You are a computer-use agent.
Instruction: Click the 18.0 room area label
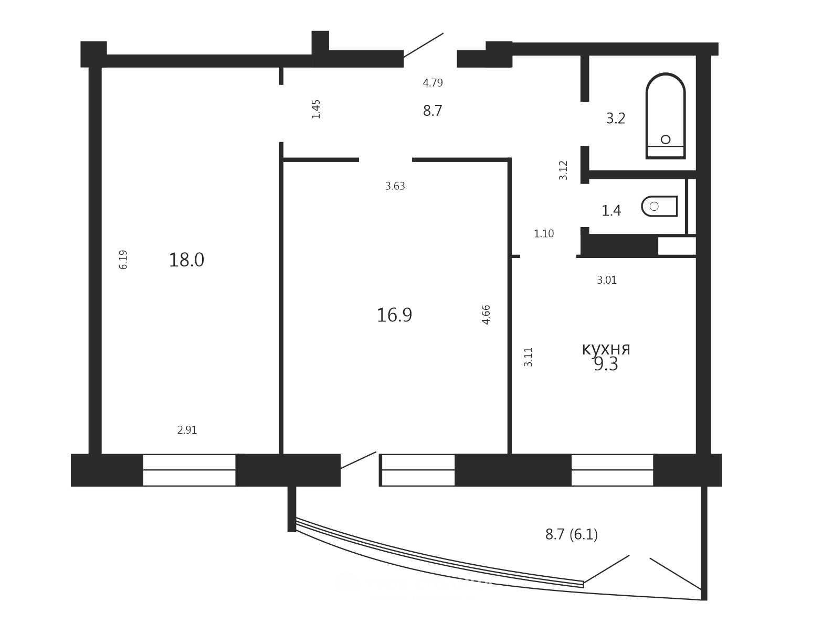[186, 260]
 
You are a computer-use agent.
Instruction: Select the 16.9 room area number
[394, 315]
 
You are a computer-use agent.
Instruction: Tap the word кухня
[606, 349]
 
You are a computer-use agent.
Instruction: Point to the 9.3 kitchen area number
[606, 364]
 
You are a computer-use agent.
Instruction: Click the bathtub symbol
[666, 116]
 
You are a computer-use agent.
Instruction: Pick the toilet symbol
[660, 206]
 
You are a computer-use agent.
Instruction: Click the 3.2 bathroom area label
[616, 119]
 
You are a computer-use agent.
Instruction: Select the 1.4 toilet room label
[611, 210]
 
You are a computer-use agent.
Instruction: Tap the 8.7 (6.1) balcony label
[572, 534]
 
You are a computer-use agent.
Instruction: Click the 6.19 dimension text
[123, 260]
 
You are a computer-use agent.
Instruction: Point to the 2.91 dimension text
[187, 430]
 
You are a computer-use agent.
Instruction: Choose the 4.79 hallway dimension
[433, 83]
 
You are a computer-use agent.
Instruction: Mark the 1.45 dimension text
[316, 109]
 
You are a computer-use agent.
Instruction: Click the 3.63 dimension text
[395, 186]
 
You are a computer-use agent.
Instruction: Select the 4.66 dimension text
[486, 315]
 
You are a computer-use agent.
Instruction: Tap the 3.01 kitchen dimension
[607, 280]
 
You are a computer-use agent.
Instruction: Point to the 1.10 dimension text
[544, 233]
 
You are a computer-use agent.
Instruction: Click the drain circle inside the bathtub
[666, 139]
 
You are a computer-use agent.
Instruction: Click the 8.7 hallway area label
[433, 111]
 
